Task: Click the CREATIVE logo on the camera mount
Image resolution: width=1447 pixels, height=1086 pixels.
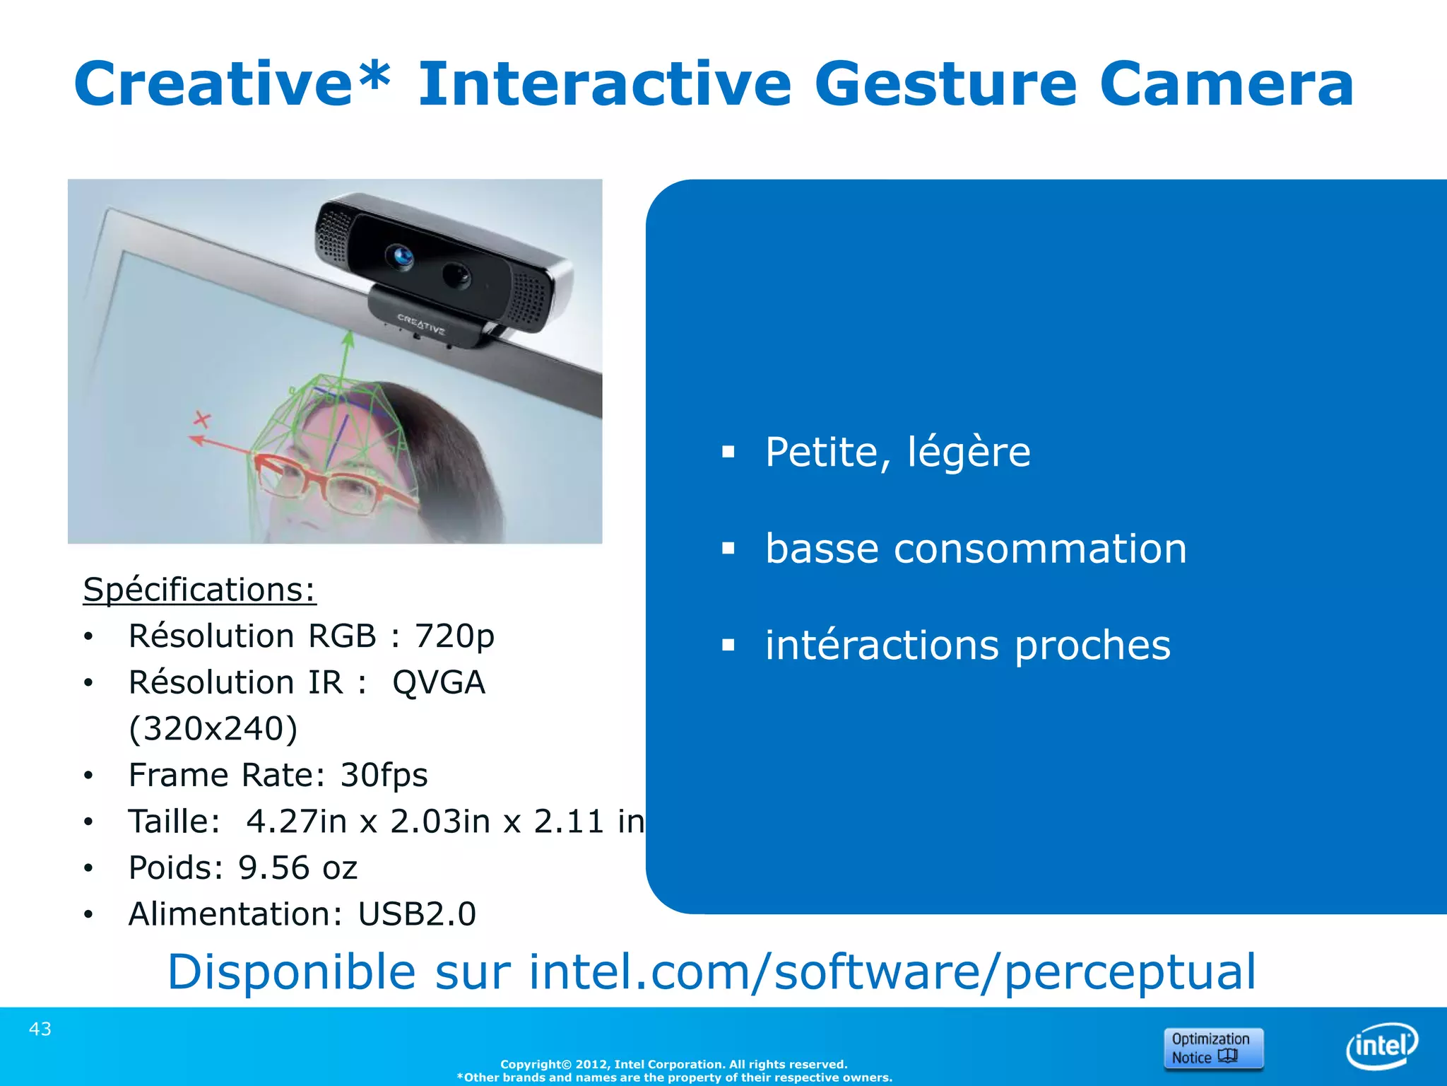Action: click(421, 325)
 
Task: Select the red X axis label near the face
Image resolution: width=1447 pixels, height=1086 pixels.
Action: click(203, 420)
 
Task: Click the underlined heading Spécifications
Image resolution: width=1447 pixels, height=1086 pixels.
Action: click(199, 590)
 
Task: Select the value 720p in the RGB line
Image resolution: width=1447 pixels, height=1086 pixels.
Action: click(454, 636)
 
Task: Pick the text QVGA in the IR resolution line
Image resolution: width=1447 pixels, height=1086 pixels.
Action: click(439, 682)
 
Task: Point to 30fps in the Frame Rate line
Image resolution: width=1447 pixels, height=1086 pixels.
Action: click(384, 775)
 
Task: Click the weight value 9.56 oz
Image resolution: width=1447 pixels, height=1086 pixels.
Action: click(297, 868)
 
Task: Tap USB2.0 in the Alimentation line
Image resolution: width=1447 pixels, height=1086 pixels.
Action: click(417, 914)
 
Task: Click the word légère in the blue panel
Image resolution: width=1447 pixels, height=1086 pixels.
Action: click(969, 452)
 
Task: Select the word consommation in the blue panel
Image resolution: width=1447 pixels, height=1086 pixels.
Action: click(1039, 549)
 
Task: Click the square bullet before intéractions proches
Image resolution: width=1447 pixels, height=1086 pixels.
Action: click(728, 645)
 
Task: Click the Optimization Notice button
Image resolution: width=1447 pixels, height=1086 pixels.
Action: click(1213, 1048)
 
